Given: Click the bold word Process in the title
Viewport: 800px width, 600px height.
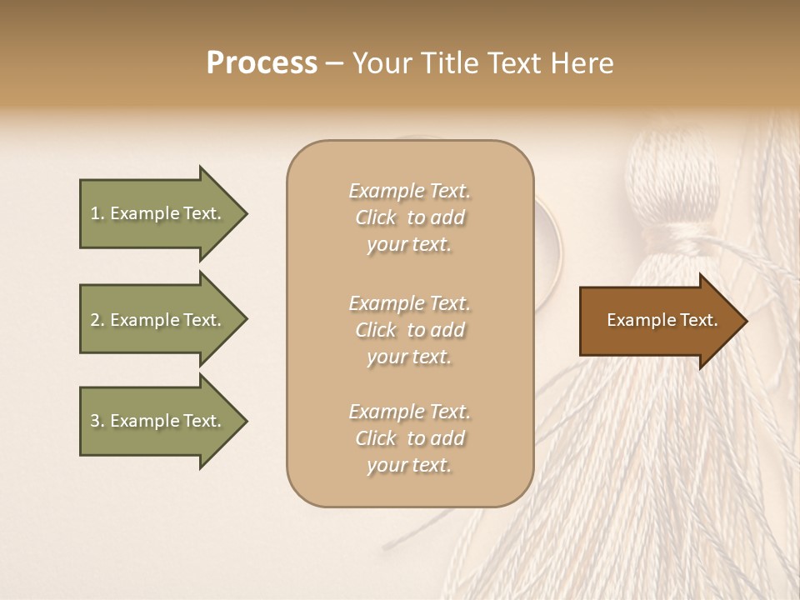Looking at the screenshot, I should pyautogui.click(x=262, y=63).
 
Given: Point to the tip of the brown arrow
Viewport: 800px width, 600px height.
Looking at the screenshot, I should pyautogui.click(x=744, y=321).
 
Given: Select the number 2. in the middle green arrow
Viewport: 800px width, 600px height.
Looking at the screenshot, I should pyautogui.click(x=97, y=320).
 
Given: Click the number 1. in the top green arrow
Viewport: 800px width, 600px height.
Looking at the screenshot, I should pyautogui.click(x=97, y=213).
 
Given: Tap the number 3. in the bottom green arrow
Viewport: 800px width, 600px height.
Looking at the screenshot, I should pyautogui.click(x=97, y=421).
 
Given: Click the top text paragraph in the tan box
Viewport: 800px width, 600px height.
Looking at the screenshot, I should pyautogui.click(x=409, y=217).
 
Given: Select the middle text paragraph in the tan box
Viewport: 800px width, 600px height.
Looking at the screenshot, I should pyautogui.click(x=409, y=330).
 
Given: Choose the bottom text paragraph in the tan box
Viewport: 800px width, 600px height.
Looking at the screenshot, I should pyautogui.click(x=409, y=438).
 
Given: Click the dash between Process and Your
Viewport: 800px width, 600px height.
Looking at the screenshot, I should pyautogui.click(x=334, y=64).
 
